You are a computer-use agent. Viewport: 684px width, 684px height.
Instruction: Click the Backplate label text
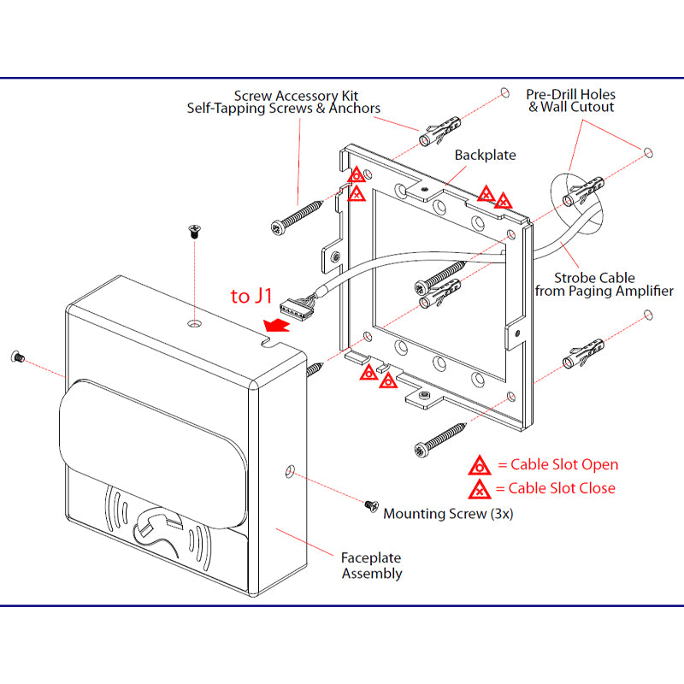486,156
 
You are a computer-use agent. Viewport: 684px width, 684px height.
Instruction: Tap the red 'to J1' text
252,296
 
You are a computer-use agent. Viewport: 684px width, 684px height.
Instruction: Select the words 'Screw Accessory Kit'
297,96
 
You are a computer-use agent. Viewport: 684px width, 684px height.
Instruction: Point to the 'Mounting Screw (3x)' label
448,514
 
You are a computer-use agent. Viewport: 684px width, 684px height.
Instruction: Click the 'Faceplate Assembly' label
372,564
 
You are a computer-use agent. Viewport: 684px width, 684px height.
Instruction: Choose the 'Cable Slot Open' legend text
563,465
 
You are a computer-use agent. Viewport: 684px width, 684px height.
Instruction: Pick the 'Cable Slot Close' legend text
561,488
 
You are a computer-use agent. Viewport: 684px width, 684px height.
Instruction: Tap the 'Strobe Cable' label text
594,278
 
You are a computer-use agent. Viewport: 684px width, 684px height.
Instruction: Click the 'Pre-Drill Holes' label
570,95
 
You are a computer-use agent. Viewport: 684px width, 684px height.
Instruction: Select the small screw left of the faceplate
16,355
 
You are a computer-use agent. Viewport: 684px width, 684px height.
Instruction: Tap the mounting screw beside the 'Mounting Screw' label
370,505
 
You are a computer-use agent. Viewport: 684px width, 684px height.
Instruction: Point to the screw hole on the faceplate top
196,325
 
